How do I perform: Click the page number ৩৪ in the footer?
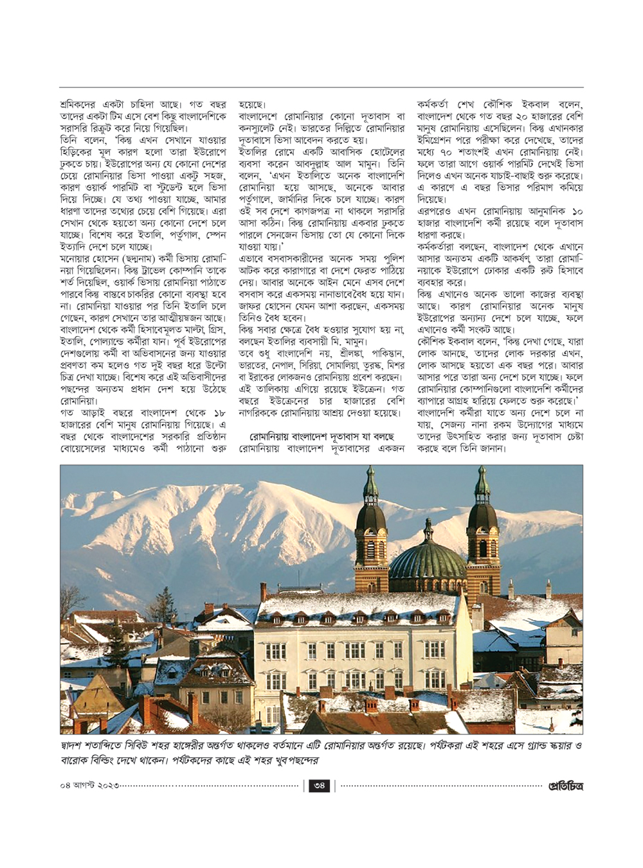(320, 785)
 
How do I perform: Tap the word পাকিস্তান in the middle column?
(385, 353)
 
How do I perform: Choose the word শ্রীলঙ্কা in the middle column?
(351, 353)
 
